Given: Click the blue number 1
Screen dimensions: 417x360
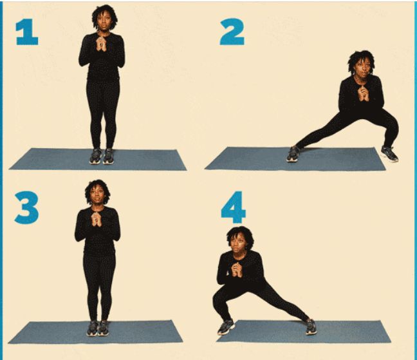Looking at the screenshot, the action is click(27, 32).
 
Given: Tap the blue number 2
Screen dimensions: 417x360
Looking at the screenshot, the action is click(232, 32).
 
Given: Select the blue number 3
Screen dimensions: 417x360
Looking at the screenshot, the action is click(26, 207).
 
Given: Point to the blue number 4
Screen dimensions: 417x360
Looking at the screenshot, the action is click(233, 207).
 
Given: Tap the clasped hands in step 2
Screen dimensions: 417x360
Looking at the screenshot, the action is click(363, 94).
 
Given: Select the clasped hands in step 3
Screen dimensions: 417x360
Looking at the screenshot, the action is click(97, 219).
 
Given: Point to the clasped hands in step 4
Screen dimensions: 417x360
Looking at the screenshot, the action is click(237, 270).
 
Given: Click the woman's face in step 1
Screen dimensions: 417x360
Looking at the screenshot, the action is click(104, 23).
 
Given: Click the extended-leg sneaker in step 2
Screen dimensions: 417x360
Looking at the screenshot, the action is click(293, 154).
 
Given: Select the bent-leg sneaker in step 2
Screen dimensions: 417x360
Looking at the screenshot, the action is click(389, 153).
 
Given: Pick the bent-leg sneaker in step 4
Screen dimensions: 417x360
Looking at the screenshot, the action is click(226, 327).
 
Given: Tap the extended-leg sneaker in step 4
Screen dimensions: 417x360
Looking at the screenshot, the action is click(311, 327).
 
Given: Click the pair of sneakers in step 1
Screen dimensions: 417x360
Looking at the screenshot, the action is click(102, 156).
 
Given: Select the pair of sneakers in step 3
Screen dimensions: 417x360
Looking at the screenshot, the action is click(98, 328).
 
